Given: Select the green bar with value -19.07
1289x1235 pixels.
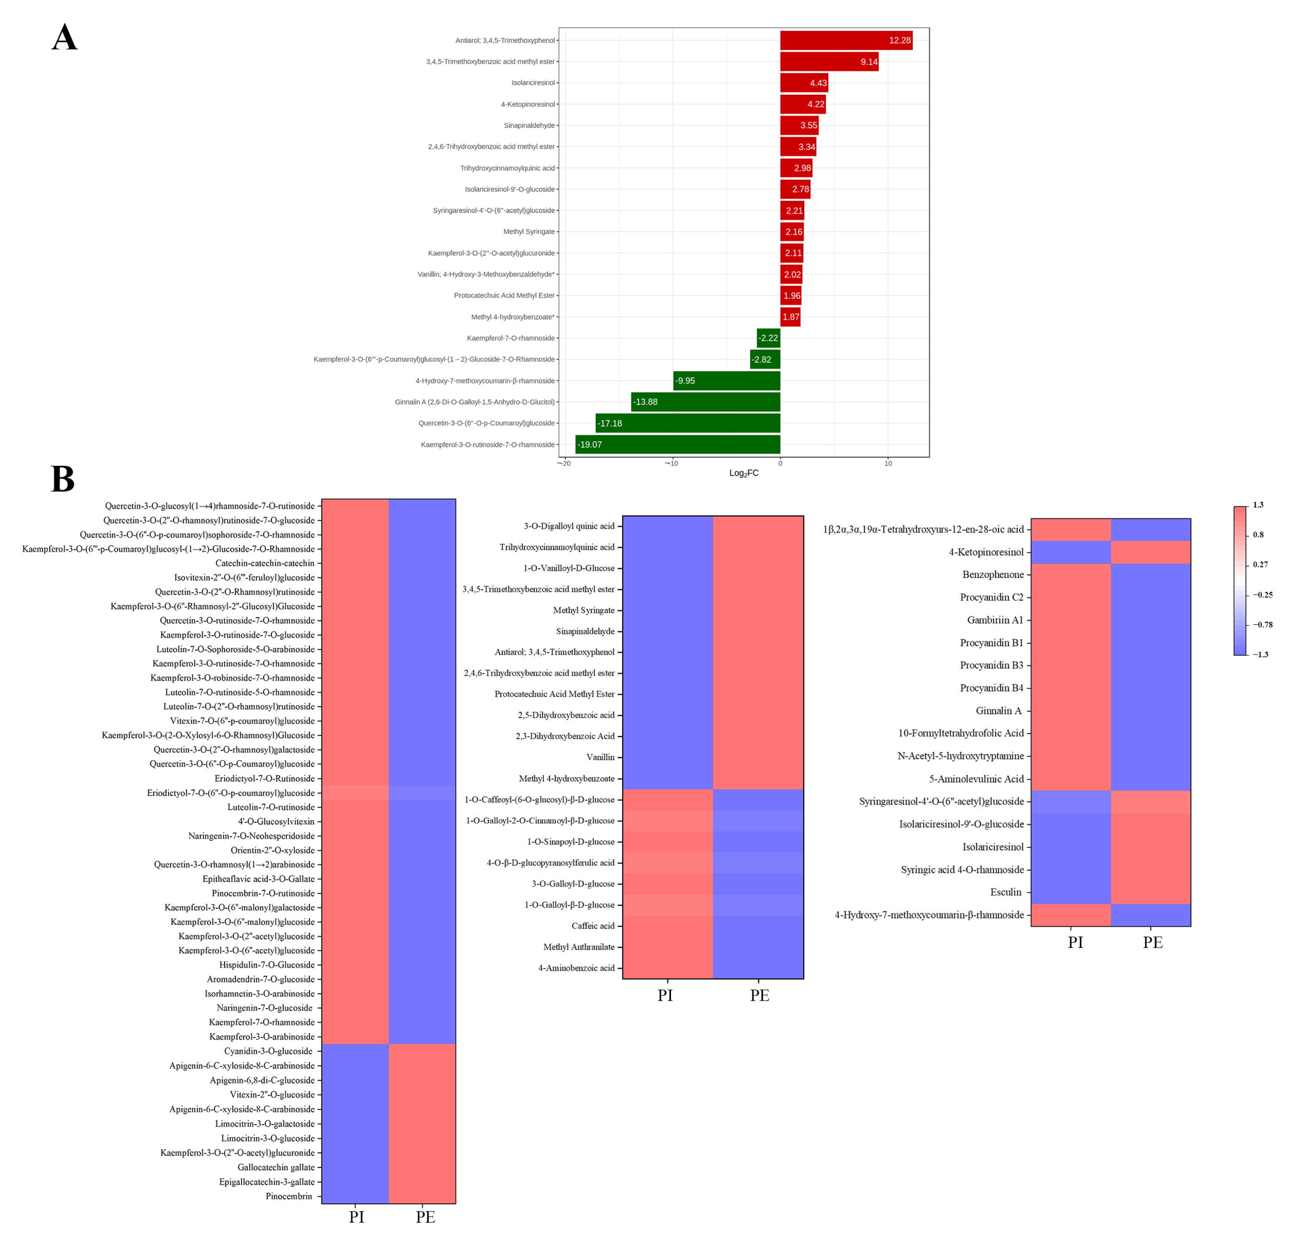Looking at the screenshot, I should (x=678, y=444).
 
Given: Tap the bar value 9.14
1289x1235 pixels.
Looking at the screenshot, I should (x=869, y=62).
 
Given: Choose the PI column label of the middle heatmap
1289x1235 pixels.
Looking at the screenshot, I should (x=665, y=995).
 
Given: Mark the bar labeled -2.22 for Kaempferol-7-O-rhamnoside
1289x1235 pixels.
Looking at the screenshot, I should (x=768, y=338).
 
